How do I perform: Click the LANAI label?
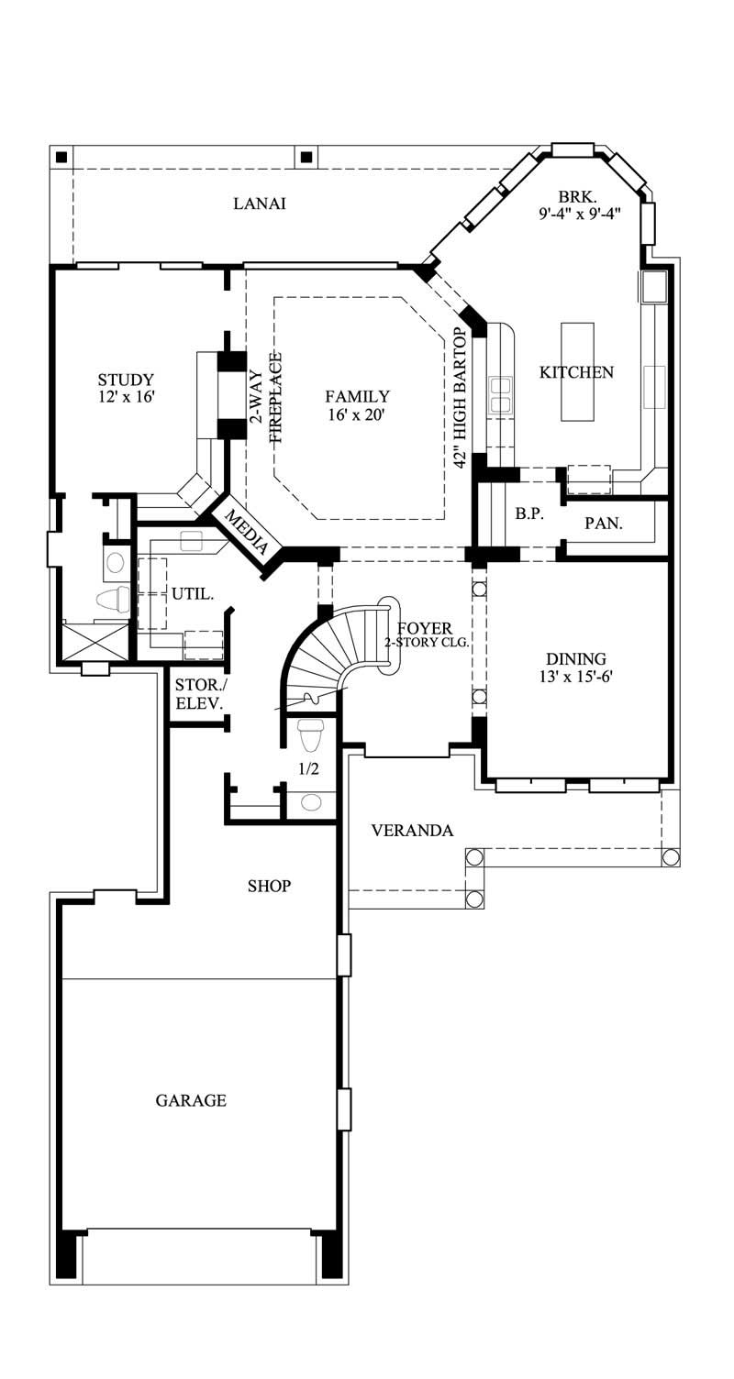click(259, 204)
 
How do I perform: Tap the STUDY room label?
click(126, 380)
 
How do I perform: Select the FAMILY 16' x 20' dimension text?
click(357, 414)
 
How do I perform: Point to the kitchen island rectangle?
click(577, 370)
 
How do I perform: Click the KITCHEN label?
click(576, 372)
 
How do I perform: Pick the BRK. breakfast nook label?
click(579, 196)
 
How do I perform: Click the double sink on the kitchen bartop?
click(501, 394)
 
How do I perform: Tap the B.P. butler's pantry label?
click(528, 514)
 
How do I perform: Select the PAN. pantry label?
click(604, 524)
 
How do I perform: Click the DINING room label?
click(576, 658)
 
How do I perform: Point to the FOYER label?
click(424, 628)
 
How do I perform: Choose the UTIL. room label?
click(193, 594)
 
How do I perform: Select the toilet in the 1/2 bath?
click(311, 734)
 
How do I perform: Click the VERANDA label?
click(412, 831)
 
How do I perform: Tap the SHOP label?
click(269, 886)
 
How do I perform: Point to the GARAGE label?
click(191, 1100)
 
